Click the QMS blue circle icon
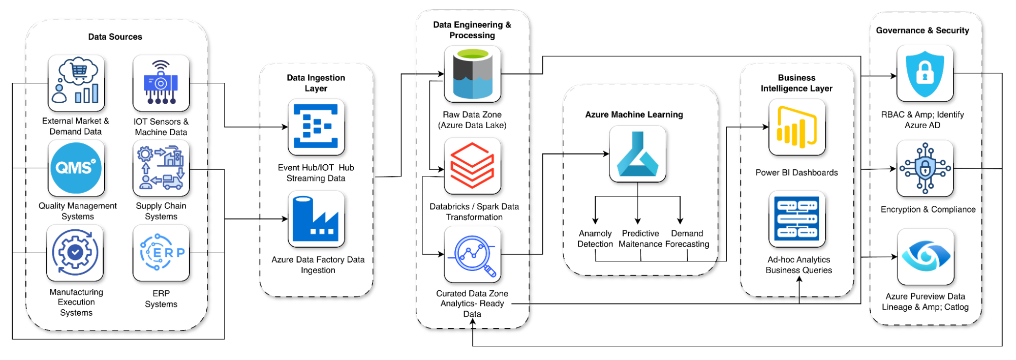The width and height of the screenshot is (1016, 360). [x=76, y=168]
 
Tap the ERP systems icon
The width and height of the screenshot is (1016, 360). [x=161, y=253]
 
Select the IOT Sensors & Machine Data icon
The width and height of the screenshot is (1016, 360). [x=161, y=83]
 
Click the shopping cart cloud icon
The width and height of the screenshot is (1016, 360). [x=76, y=83]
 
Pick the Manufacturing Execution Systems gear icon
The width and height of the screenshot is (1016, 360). [x=75, y=253]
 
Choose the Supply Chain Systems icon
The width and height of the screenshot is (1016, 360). [x=161, y=168]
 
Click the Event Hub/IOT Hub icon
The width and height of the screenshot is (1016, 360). [x=316, y=127]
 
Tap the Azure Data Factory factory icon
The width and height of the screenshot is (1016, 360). [x=316, y=219]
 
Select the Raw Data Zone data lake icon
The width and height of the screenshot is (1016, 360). [x=472, y=74]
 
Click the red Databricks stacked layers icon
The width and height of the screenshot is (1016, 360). [x=472, y=166]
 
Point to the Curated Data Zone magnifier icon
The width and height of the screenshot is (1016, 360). [x=472, y=254]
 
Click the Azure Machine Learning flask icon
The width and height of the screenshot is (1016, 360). [x=637, y=154]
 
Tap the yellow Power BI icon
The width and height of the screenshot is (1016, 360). [x=796, y=127]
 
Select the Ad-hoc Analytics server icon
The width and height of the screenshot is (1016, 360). [x=796, y=219]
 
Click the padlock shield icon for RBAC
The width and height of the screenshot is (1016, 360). [x=925, y=73]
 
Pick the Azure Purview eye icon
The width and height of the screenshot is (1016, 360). [x=926, y=257]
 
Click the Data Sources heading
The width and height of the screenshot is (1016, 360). [x=115, y=37]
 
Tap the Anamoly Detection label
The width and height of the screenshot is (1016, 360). [x=595, y=238]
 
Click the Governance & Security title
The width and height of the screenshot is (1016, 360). [x=922, y=31]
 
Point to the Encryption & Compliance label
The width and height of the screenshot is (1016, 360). [x=928, y=209]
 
